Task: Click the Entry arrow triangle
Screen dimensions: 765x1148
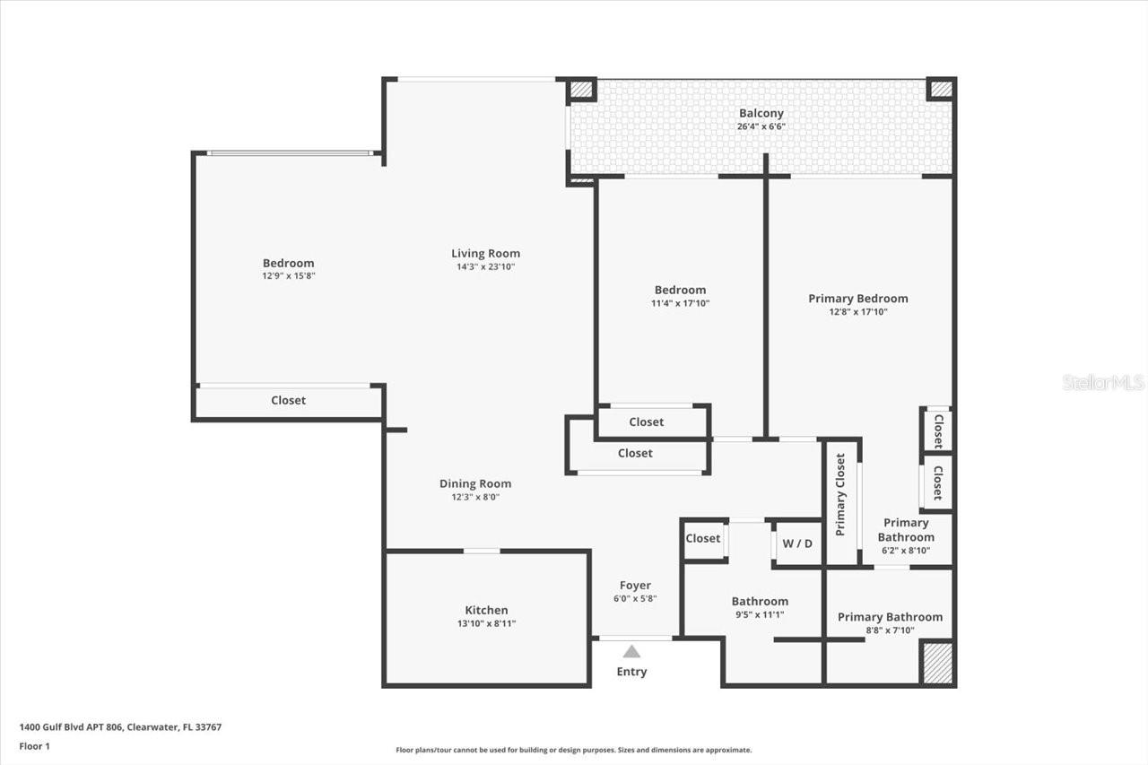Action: coord(631,652)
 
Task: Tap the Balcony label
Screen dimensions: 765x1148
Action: coord(761,113)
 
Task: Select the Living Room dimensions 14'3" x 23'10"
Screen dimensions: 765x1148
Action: coord(485,266)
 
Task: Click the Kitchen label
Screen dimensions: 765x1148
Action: coord(486,610)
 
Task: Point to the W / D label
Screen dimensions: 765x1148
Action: coord(797,543)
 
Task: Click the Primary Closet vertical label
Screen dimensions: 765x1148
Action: coord(840,494)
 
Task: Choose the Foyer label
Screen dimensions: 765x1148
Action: coord(635,586)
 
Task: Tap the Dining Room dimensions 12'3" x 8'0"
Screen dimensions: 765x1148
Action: coord(475,497)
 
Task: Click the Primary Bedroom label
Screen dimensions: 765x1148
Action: coord(857,299)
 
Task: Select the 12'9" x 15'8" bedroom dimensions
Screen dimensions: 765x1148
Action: coord(288,276)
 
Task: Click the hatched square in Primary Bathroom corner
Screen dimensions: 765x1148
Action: coord(937,663)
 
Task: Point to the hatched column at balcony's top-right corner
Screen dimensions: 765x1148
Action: coord(940,89)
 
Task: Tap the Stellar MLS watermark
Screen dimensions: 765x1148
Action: coord(1103,382)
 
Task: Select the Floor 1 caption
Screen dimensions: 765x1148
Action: coord(35,745)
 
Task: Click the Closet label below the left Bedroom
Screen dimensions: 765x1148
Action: coord(288,400)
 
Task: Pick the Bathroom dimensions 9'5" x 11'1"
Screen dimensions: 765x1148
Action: coord(760,614)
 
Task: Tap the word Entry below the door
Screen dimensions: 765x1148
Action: coord(631,672)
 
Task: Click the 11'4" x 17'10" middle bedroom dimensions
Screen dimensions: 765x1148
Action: coord(680,303)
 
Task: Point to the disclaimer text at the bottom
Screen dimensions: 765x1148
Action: coord(574,750)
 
